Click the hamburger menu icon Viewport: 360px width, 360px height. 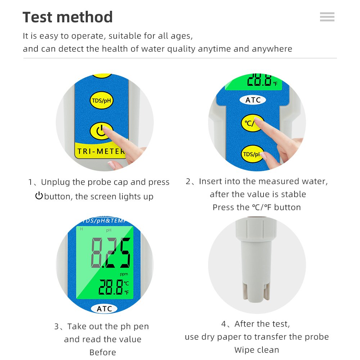327,17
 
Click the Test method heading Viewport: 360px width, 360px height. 68,17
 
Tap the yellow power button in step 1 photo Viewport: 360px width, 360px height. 101,131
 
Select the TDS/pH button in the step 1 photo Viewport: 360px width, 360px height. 101,100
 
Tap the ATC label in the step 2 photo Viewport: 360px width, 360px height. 253,100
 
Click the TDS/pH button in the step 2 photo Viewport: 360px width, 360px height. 252,154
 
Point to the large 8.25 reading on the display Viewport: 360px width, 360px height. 111,253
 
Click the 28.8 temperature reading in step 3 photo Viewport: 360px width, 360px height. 111,287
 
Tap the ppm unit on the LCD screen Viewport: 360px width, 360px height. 124,274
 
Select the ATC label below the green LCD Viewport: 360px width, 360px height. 104,309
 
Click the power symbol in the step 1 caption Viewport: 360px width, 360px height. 39,195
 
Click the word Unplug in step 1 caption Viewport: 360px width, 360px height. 55,182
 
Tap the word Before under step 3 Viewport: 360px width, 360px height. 103,352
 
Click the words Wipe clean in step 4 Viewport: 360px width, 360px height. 257,350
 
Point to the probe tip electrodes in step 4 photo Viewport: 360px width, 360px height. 256,292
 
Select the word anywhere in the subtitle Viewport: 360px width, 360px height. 272,49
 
